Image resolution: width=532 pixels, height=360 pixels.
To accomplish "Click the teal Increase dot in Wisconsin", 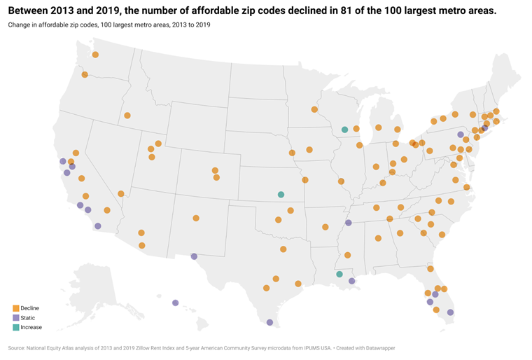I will point(344,130).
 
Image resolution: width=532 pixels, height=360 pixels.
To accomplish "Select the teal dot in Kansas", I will point(281,194).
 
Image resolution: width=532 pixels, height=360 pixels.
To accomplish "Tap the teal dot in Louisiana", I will point(339,274).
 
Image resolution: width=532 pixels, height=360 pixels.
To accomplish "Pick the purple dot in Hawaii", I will point(175,303).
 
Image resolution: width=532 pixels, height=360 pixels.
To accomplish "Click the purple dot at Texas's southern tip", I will point(269,323).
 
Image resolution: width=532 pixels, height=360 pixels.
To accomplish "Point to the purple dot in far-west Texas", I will point(194,256).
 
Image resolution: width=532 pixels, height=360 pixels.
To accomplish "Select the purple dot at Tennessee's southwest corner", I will point(348,223).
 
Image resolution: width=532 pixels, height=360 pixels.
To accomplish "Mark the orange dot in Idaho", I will point(127,116).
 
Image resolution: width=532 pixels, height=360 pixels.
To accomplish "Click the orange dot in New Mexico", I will point(196,218).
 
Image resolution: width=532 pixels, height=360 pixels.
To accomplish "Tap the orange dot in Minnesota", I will point(314,109).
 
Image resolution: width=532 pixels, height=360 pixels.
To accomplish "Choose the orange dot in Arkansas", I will point(325,226).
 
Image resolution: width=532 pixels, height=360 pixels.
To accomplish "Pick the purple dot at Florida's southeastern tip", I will point(450,312).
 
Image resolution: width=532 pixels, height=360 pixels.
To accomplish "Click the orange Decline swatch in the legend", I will point(15,308).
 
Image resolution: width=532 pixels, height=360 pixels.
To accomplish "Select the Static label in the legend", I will point(28,318).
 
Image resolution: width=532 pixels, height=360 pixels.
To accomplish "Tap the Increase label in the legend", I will point(31,327).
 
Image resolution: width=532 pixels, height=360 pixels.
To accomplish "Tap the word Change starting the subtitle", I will point(20,25).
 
